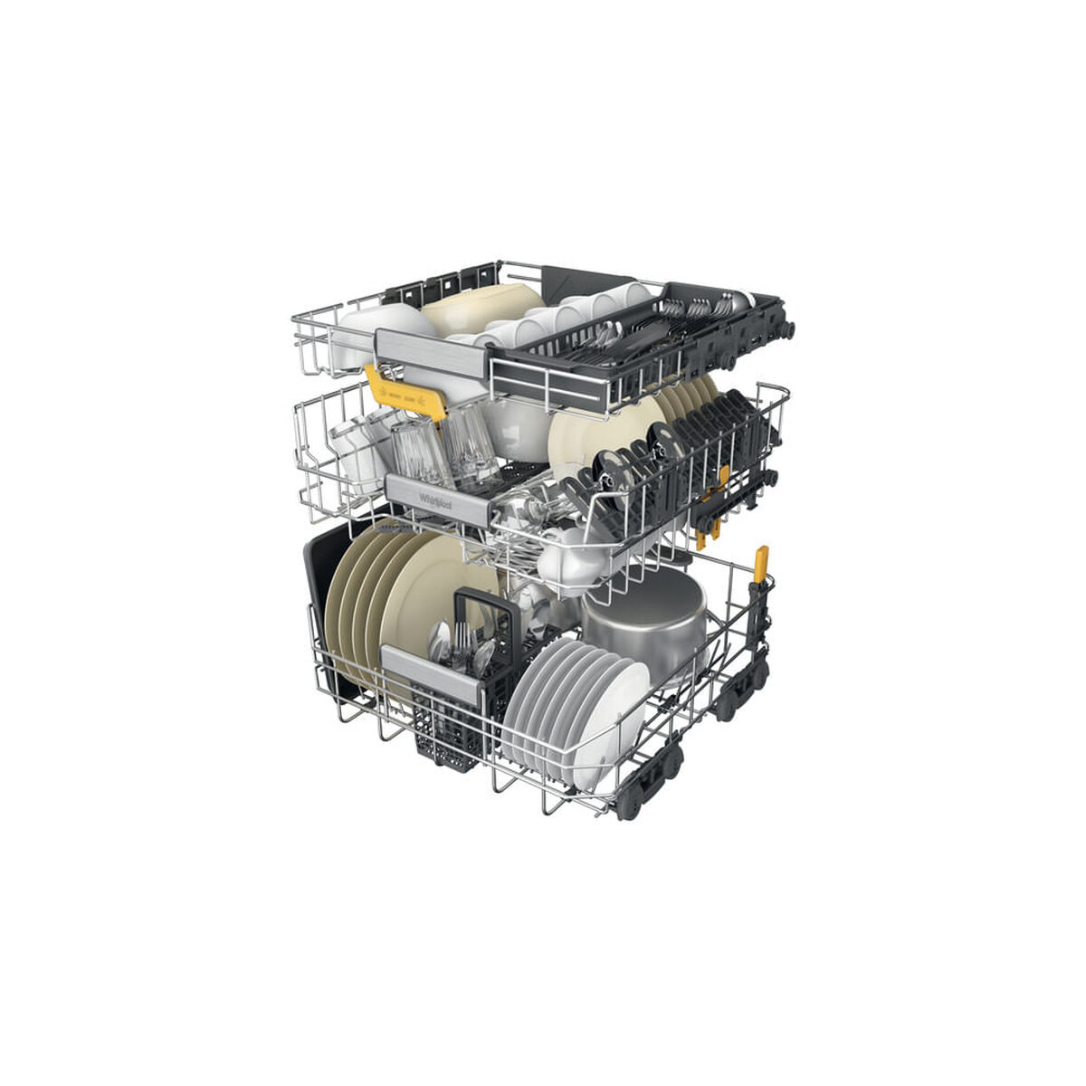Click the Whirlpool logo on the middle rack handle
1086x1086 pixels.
tap(433, 500)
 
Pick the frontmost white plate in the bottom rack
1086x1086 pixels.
tap(615, 715)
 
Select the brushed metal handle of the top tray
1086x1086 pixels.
tap(431, 353)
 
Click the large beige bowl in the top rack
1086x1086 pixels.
tap(480, 308)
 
